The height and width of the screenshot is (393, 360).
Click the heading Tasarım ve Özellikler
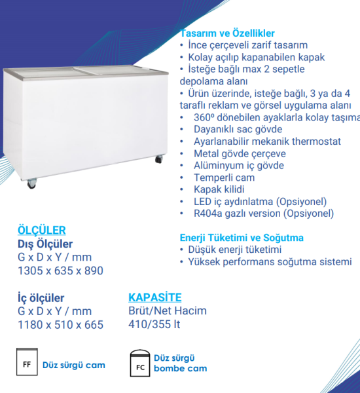[226, 33]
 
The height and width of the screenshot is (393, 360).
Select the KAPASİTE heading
[155, 297]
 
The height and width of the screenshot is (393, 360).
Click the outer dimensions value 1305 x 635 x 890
[60, 270]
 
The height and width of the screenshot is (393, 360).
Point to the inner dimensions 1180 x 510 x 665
[60, 324]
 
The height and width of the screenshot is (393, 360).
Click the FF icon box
[27, 364]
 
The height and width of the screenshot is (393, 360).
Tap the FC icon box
[140, 365]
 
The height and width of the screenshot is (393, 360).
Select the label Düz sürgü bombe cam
[181, 364]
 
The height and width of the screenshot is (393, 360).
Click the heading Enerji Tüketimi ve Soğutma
[242, 238]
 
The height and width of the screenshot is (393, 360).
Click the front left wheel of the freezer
[31, 185]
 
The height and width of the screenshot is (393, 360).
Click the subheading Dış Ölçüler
[45, 244]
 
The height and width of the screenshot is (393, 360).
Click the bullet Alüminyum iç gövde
[239, 166]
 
